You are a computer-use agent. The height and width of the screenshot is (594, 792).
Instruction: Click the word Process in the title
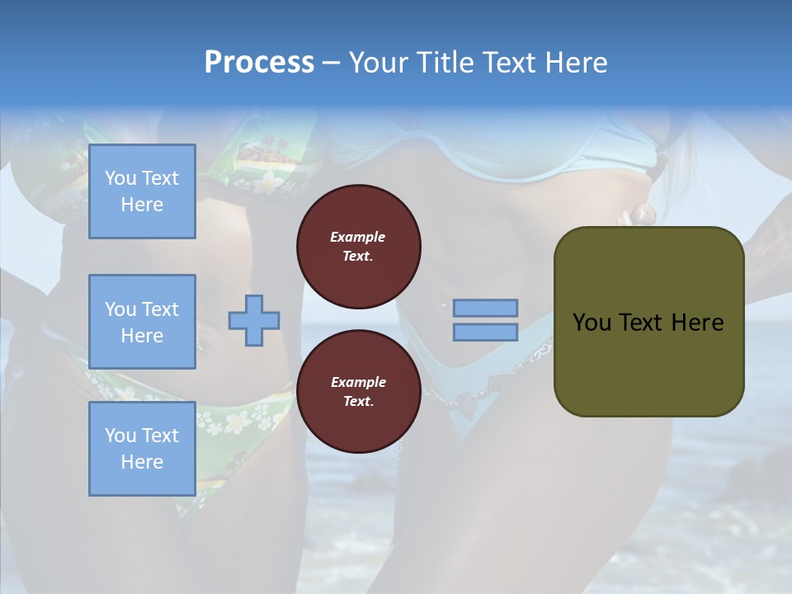click(x=259, y=63)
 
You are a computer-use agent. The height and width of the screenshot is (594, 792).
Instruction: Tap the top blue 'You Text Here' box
click(x=142, y=191)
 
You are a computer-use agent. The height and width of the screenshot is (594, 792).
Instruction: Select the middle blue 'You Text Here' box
click(x=142, y=322)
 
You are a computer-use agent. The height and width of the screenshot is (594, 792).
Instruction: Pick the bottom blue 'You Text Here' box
click(x=142, y=448)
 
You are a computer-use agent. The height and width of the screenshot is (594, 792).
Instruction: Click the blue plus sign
click(x=254, y=319)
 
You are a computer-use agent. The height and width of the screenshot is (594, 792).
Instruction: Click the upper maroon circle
click(x=358, y=247)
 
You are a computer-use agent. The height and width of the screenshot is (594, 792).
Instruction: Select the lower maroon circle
click(x=358, y=392)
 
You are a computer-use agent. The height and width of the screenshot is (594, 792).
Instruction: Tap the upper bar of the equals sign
click(x=485, y=308)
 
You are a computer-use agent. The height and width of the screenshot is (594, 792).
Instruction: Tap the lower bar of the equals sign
click(x=485, y=332)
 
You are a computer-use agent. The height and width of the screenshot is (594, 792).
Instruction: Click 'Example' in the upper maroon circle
click(x=358, y=237)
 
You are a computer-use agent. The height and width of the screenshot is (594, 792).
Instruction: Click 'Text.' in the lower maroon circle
click(x=358, y=402)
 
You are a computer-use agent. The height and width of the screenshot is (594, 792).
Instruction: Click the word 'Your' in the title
click(x=377, y=63)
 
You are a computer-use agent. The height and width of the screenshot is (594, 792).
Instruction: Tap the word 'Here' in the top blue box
click(x=142, y=205)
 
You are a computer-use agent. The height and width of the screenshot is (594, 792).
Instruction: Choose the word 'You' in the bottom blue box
click(x=120, y=436)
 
